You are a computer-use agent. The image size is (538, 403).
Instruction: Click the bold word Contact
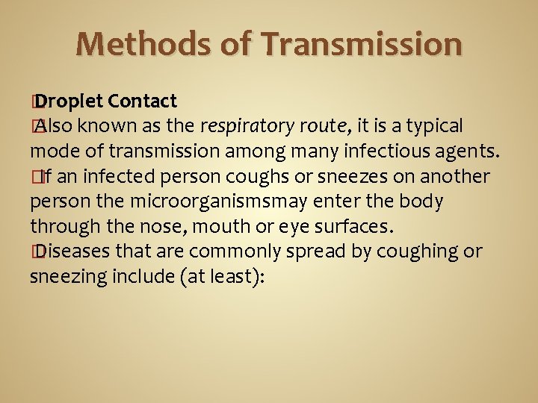(x=142, y=101)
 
